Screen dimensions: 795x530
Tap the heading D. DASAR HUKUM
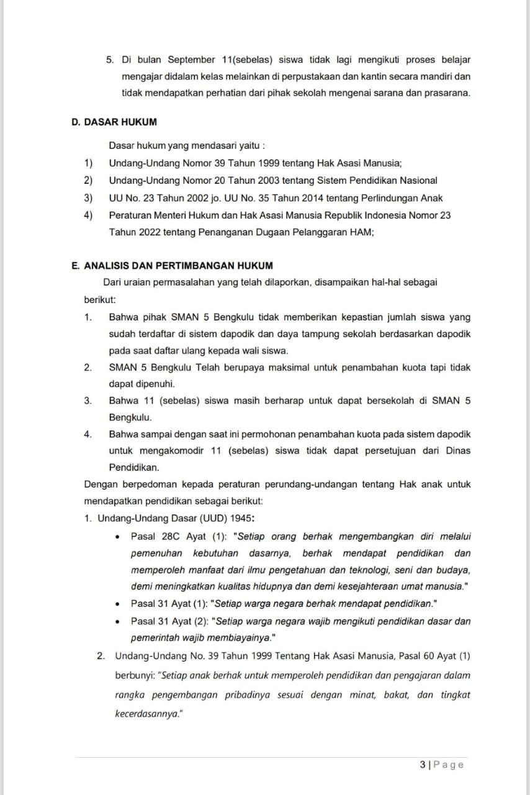114,122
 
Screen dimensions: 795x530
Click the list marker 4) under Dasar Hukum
88,216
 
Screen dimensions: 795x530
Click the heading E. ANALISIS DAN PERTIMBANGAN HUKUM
172,266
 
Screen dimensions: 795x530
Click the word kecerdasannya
146,714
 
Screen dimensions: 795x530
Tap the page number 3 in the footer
422,765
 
